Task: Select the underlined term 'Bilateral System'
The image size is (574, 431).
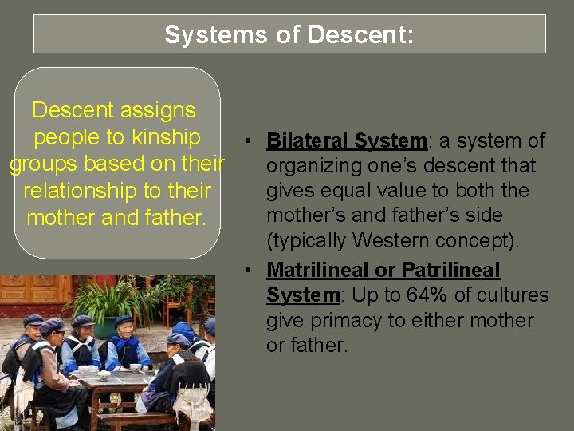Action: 347,141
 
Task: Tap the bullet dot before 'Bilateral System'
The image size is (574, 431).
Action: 250,142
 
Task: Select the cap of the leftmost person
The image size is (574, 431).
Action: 33,320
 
